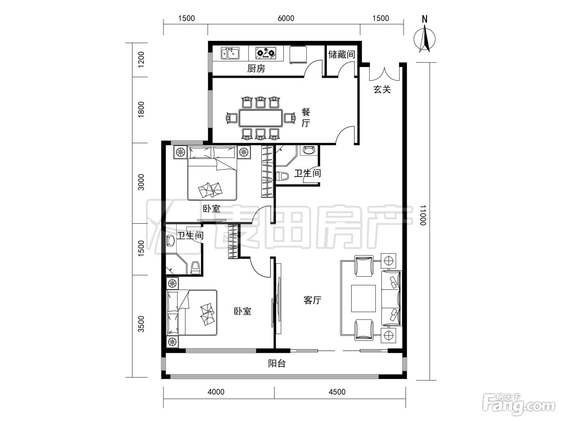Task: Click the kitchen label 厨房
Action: [256, 69]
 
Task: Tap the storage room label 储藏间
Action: [342, 54]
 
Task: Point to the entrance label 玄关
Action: [382, 89]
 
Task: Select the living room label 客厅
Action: [312, 300]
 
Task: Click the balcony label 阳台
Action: [277, 363]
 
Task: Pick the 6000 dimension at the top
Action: [286, 18]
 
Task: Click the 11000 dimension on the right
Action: [423, 215]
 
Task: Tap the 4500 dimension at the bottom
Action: [337, 392]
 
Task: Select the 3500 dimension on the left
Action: [141, 324]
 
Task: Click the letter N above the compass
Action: [425, 19]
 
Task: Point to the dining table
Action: [261, 118]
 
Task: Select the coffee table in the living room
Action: [363, 299]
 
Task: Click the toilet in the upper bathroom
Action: [282, 176]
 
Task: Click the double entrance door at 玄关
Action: [384, 74]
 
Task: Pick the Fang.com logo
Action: [519, 405]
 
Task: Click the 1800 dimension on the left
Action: [141, 109]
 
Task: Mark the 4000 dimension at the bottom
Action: [216, 392]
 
